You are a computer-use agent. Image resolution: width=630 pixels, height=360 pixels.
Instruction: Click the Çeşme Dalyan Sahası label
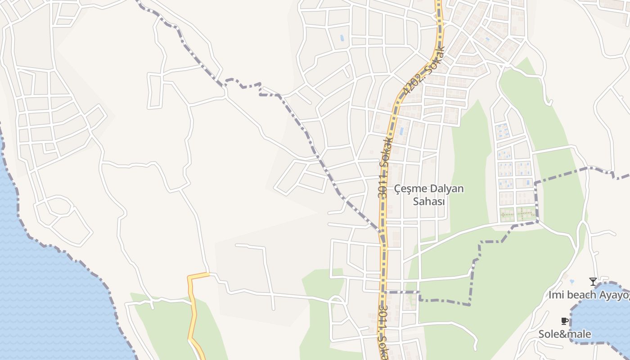[x=429, y=195]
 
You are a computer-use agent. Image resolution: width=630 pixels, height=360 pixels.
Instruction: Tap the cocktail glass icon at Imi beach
[x=593, y=282]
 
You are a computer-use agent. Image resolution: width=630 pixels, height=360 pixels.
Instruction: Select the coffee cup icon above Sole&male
[x=564, y=321]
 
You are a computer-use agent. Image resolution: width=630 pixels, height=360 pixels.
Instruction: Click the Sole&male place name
[x=565, y=334]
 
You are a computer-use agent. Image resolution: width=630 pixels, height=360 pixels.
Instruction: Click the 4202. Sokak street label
[x=423, y=72]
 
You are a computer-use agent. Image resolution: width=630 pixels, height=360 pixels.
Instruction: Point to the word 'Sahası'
[x=429, y=202]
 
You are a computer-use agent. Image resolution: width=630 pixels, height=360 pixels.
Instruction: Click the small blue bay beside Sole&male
[x=603, y=315]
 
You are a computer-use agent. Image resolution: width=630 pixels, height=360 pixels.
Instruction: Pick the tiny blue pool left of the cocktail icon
[x=571, y=282]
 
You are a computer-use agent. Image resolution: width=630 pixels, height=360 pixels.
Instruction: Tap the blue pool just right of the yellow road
[x=401, y=131]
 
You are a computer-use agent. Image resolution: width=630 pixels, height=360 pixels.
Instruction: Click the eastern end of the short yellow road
[x=207, y=274]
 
